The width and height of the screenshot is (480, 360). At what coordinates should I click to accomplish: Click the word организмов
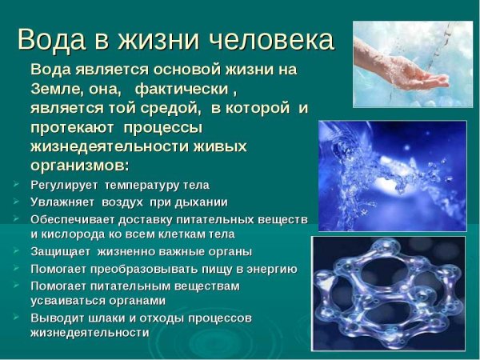pos(78,165)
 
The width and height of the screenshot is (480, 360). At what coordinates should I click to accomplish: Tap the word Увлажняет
pos(64,202)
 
